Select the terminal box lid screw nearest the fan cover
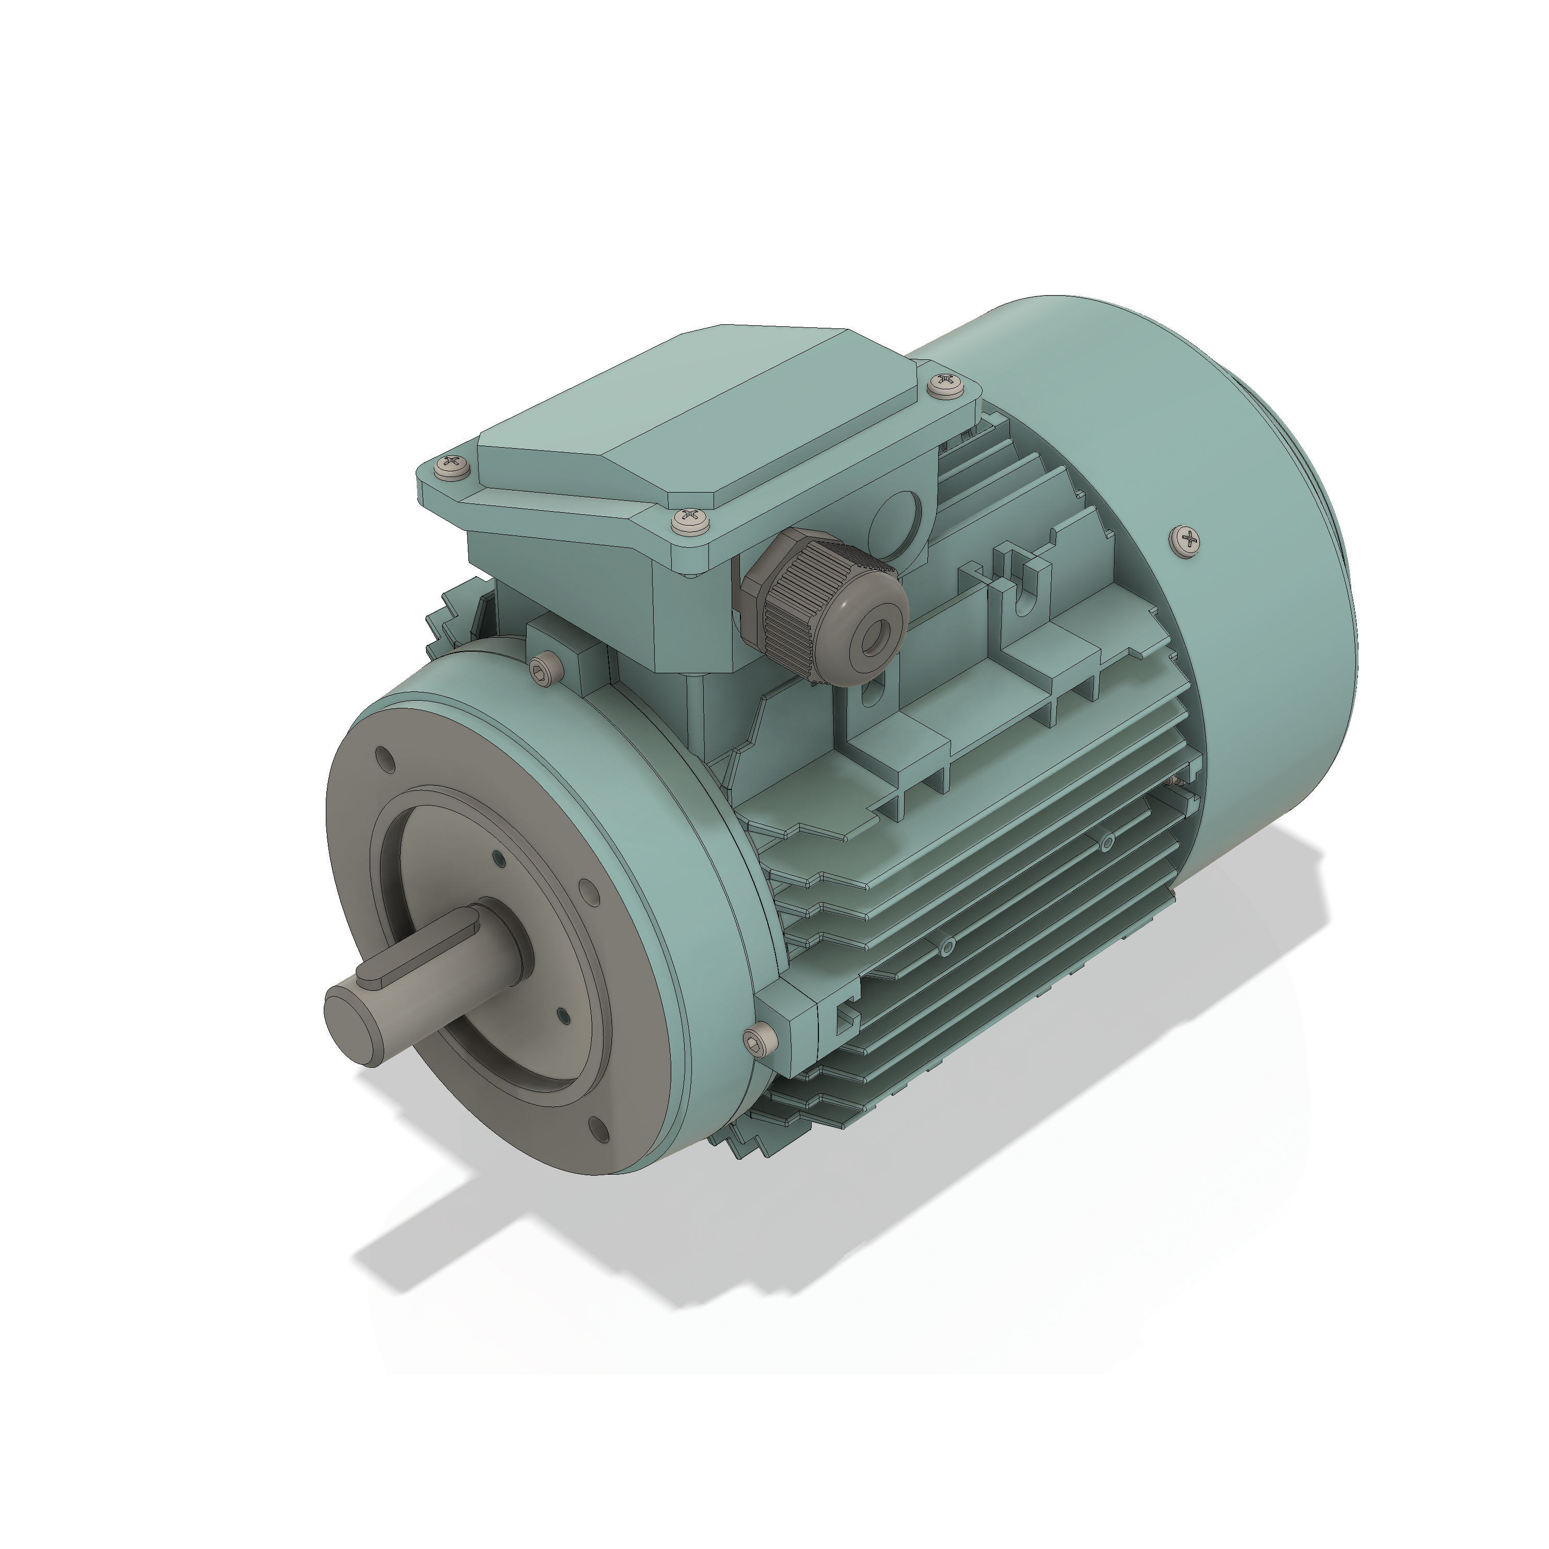coord(946,384)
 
